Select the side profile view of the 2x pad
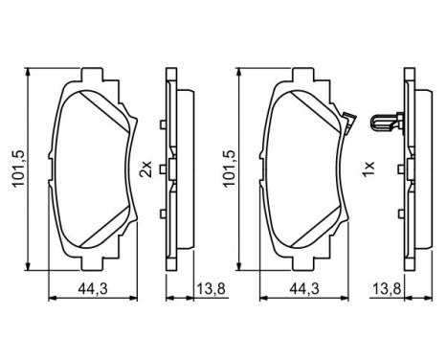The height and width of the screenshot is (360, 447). (172, 169)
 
